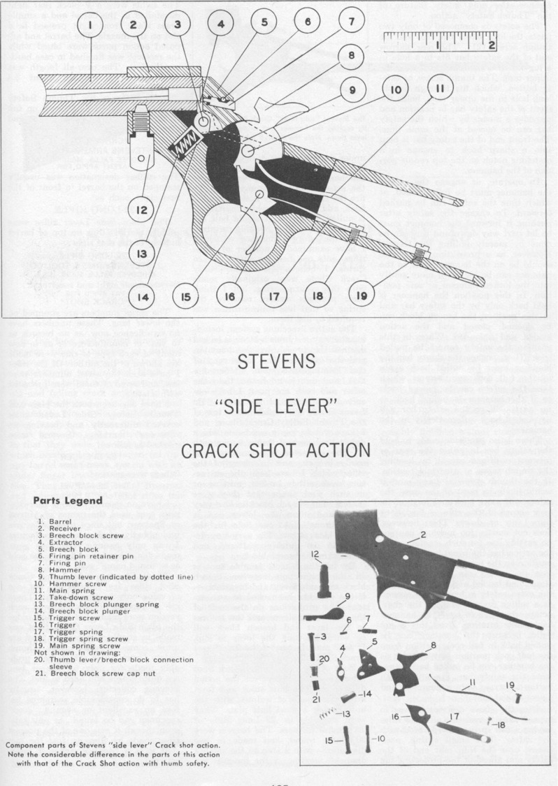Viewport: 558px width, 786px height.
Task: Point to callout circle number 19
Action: pyautogui.click(x=362, y=296)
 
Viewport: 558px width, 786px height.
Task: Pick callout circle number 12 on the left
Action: pyautogui.click(x=141, y=208)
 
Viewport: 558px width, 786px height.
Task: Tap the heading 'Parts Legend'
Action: pyautogui.click(x=68, y=500)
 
